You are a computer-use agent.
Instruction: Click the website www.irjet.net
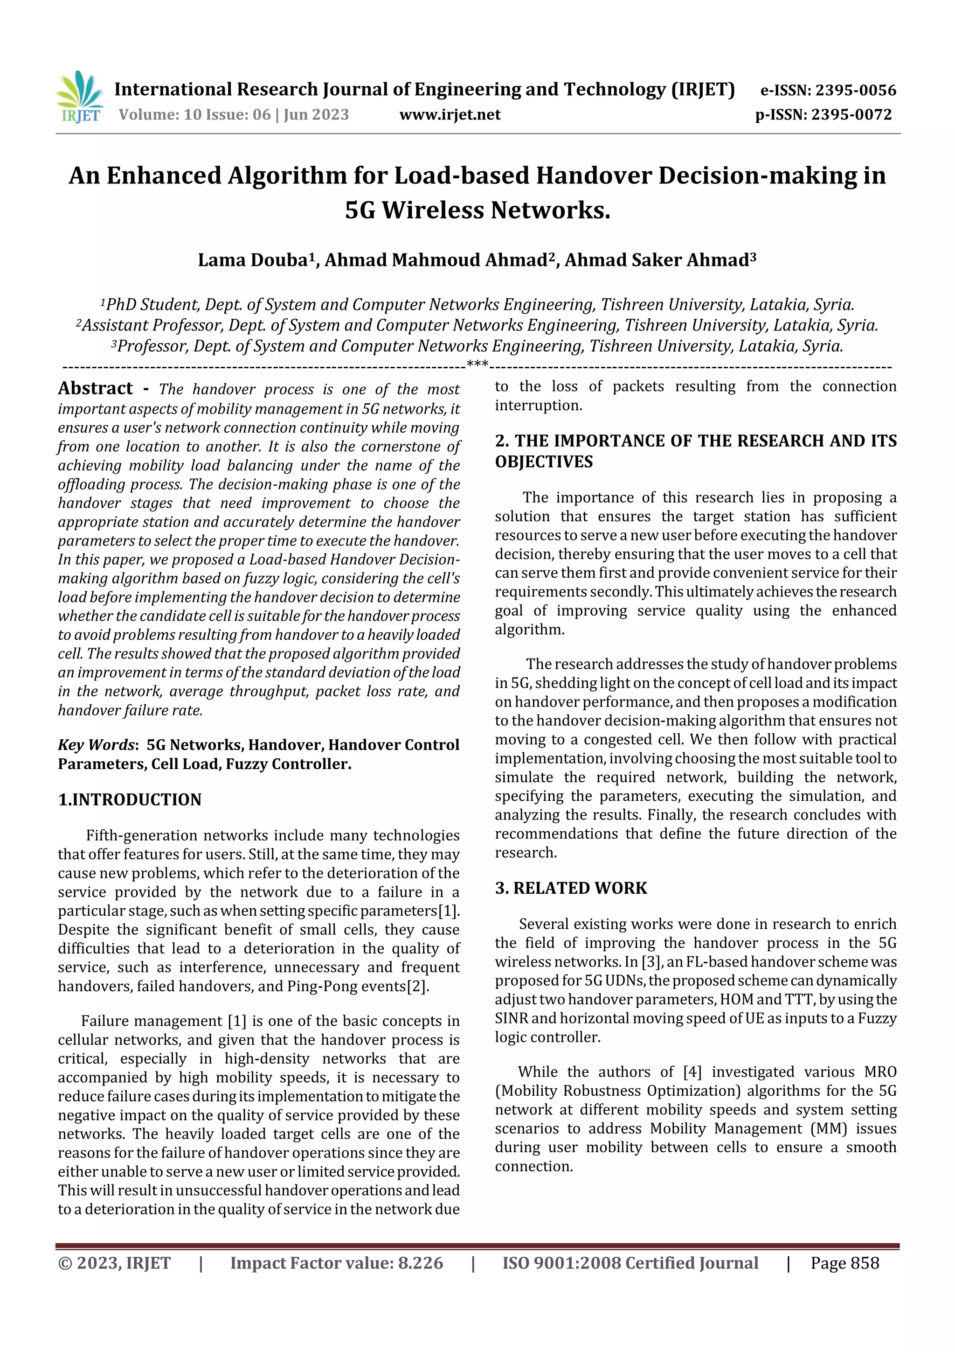tap(450, 114)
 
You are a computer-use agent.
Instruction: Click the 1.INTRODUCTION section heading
tap(130, 799)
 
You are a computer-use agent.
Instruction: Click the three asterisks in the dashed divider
tap(477, 364)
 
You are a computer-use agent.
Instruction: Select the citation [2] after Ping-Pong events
tap(417, 986)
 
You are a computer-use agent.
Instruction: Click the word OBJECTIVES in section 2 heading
tap(544, 462)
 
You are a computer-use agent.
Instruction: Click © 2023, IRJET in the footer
tap(114, 1262)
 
